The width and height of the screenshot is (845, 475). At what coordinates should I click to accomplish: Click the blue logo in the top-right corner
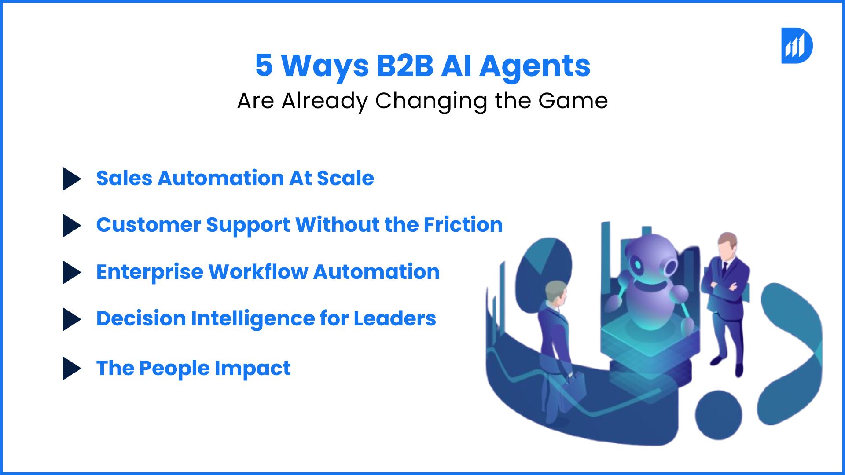point(797,46)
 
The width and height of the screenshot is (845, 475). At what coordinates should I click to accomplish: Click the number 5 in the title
point(264,66)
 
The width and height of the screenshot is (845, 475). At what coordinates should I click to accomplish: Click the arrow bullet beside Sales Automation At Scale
point(72,179)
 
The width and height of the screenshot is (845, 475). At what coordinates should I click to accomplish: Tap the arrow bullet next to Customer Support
point(72,226)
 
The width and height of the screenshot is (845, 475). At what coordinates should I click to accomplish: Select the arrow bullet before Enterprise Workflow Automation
point(72,272)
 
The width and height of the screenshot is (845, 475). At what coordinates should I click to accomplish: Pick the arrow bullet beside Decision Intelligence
point(72,319)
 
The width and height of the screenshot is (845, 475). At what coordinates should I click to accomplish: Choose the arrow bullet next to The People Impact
point(72,368)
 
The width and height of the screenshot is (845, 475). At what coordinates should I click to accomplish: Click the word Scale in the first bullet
point(345,178)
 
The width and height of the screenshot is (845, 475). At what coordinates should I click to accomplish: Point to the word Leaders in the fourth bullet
point(395,318)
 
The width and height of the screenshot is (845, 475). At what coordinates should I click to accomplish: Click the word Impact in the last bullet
point(253,369)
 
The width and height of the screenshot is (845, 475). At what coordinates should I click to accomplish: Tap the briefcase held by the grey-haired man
point(574,387)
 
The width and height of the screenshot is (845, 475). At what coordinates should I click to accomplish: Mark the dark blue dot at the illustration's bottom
point(718,415)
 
